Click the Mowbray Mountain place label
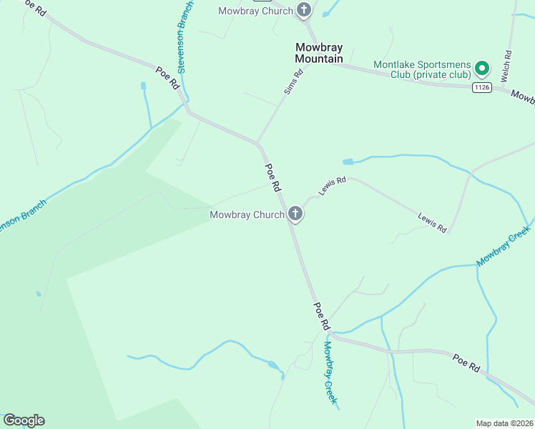click(x=319, y=53)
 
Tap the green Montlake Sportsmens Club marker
click(x=482, y=69)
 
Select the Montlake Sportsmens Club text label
click(x=423, y=69)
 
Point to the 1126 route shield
click(x=481, y=87)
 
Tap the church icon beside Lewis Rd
click(x=295, y=213)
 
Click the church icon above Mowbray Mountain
click(x=304, y=10)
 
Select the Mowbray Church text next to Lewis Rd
click(x=247, y=214)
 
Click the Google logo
click(x=24, y=420)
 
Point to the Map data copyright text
click(x=505, y=423)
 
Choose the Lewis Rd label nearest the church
click(x=333, y=186)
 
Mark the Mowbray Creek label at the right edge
click(x=504, y=247)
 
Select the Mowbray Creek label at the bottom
click(x=329, y=372)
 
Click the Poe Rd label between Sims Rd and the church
click(x=273, y=177)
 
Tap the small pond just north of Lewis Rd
click(x=349, y=162)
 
